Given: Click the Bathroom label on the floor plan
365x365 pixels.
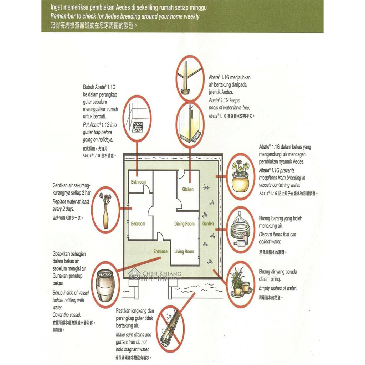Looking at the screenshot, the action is coord(139,182).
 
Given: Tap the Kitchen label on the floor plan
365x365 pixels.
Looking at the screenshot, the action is coord(188,189).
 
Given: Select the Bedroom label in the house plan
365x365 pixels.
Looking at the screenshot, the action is coord(138,224).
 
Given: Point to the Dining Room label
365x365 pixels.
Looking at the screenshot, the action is coord(184,224).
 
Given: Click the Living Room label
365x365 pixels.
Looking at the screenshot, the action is coord(184,252).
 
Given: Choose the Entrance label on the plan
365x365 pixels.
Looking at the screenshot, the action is coord(160,251).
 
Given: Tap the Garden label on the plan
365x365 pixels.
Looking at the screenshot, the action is coord(208,224).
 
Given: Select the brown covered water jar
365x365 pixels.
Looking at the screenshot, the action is coord(105,284).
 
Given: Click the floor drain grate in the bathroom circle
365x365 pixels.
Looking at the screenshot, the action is coord(138,127).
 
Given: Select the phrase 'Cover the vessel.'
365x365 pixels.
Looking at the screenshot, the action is coord(67,315).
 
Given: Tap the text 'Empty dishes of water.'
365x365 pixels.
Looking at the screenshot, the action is coord(278,288).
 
